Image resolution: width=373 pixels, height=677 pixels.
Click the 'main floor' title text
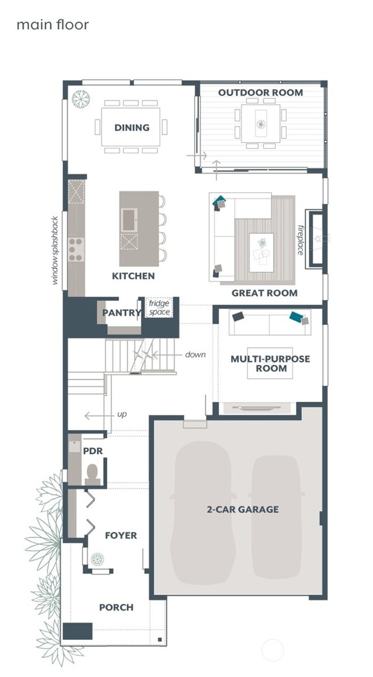tap(53, 25)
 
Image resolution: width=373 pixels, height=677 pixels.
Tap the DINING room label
tap(132, 128)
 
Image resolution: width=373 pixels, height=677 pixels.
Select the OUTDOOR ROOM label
tap(261, 93)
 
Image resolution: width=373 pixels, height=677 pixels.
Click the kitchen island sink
tap(129, 220)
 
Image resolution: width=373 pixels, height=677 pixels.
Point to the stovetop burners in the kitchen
tap(76, 249)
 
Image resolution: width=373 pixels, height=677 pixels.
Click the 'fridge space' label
tap(159, 307)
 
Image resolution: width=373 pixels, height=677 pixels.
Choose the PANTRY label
tap(122, 313)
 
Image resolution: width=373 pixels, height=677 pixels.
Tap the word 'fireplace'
tap(301, 240)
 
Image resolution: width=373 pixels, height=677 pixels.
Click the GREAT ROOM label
tap(265, 293)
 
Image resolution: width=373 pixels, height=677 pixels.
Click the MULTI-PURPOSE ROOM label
tap(270, 364)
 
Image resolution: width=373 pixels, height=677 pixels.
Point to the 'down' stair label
tap(195, 355)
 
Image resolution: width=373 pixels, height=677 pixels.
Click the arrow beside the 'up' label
tap(99, 416)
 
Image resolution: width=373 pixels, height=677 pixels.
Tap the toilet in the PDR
tap(92, 474)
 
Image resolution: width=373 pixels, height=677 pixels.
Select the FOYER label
tap(121, 536)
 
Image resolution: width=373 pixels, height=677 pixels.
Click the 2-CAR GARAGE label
tap(243, 510)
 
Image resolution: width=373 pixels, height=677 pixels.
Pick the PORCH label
tap(116, 607)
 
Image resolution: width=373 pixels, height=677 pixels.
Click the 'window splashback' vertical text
tap(55, 250)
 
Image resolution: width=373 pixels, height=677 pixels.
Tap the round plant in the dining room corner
tap(81, 99)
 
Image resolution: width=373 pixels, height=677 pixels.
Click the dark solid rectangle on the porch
tap(77, 631)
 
